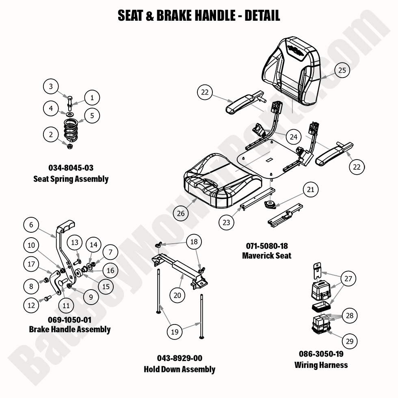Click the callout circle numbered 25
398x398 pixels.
(342, 70)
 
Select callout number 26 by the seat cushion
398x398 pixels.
(181, 212)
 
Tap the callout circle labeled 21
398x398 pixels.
(310, 189)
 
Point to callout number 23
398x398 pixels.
(226, 222)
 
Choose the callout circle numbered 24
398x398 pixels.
(294, 137)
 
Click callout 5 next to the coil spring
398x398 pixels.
(92, 115)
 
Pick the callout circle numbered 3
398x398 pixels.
(51, 86)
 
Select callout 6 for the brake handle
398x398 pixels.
(31, 224)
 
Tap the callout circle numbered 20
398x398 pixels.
(177, 295)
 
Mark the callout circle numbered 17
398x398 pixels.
(31, 264)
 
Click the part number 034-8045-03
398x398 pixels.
(71, 168)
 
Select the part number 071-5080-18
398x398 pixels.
(266, 246)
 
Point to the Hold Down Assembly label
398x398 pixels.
(179, 369)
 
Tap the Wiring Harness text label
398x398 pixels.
(321, 365)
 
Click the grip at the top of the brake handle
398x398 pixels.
(67, 225)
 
